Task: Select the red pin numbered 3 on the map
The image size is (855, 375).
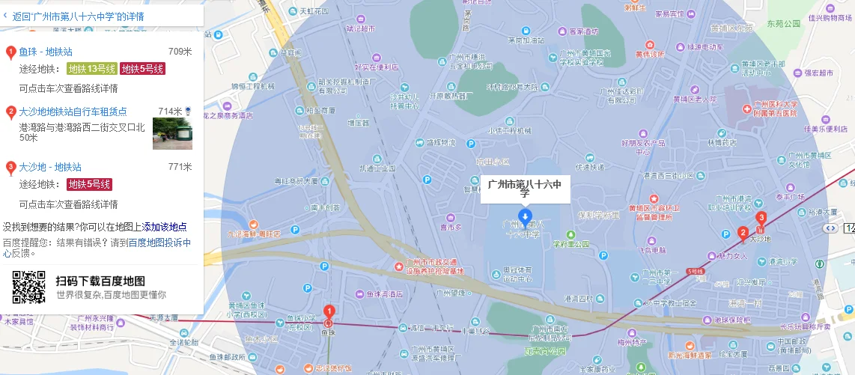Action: tap(761, 219)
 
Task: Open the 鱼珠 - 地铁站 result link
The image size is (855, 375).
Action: tap(46, 52)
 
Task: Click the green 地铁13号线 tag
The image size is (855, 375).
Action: tap(92, 69)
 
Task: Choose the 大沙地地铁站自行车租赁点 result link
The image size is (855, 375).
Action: tap(73, 112)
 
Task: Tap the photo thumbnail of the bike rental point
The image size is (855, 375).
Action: tap(172, 133)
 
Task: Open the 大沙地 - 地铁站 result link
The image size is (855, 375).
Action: tap(50, 167)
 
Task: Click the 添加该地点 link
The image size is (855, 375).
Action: tap(165, 227)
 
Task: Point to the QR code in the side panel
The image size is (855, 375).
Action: tap(28, 287)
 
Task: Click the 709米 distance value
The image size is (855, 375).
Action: tap(180, 52)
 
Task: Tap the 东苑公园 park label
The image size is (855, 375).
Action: tap(783, 23)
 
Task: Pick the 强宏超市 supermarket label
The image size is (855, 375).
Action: tap(819, 73)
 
